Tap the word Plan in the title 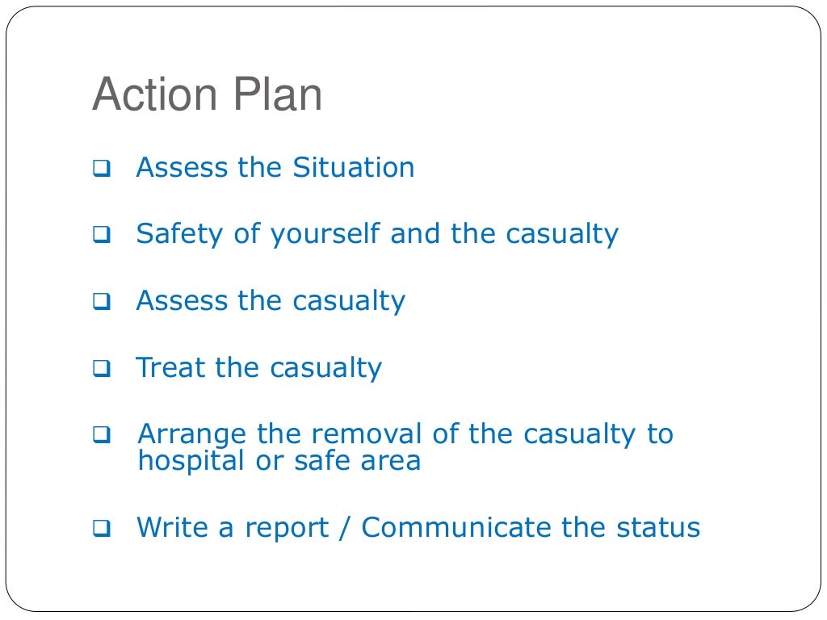[x=279, y=96]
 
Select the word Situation [x=354, y=168]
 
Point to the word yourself [x=326, y=235]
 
